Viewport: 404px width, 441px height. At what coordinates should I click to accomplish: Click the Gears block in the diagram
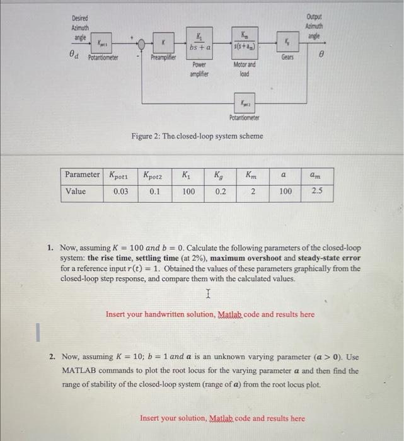(288, 43)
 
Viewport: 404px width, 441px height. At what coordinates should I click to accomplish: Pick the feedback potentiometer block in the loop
(244, 102)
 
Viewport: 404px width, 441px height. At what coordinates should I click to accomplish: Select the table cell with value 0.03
(122, 192)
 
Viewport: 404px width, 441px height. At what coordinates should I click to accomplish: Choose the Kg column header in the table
(221, 175)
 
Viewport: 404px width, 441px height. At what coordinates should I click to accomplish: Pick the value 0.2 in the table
(221, 192)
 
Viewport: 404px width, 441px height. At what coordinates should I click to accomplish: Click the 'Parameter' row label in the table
(83, 175)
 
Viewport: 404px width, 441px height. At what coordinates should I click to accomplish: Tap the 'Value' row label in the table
(76, 192)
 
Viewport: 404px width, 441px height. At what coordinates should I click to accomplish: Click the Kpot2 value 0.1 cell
(155, 192)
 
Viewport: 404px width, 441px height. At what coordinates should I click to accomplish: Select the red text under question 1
(210, 314)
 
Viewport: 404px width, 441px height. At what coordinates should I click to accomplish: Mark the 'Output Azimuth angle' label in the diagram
(313, 26)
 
